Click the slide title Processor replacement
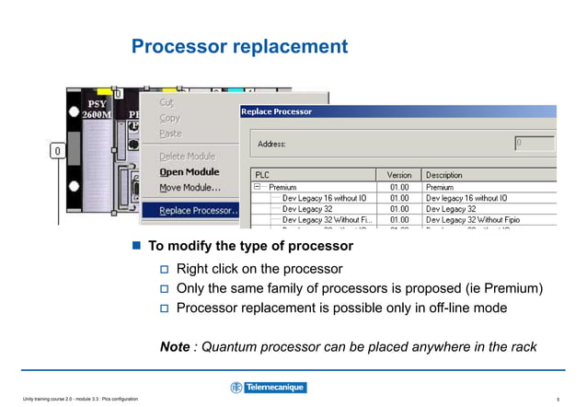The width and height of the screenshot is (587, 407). tap(239, 46)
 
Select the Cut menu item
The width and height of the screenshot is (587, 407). tap(167, 102)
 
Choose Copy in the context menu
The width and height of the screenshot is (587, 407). tap(169, 118)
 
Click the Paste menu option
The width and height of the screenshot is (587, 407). tap(170, 134)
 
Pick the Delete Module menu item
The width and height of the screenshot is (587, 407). tap(187, 157)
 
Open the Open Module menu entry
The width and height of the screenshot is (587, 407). tap(189, 171)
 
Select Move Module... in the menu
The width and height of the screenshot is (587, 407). tap(190, 188)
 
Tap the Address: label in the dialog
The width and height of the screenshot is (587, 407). tap(271, 144)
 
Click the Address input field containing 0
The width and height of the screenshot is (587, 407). tap(535, 144)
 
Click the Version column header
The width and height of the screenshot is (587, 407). tap(398, 175)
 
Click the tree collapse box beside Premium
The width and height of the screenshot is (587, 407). tap(259, 186)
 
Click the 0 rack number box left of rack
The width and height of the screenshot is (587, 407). tap(57, 150)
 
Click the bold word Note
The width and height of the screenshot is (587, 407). tap(175, 346)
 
